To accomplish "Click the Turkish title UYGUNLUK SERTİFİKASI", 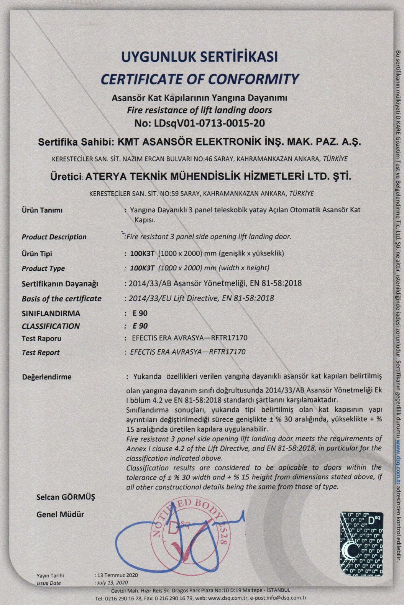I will (x=199, y=57).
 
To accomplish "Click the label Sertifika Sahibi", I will (x=74, y=142).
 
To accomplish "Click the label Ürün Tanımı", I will (x=42, y=210).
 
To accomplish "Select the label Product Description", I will (x=54, y=237).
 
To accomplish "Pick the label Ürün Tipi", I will (x=37, y=254).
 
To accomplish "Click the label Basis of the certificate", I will (x=62, y=299).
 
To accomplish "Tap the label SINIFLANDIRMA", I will (x=51, y=314).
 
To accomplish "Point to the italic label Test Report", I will (x=41, y=352).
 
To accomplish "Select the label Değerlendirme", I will (x=47, y=377).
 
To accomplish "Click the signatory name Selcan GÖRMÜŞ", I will (x=66, y=497).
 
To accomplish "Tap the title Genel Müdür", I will (x=60, y=515).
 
